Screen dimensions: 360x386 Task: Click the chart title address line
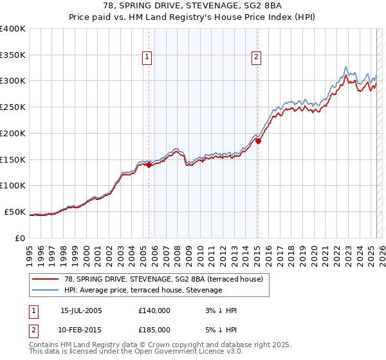point(193,6)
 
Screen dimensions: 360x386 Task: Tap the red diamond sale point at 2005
point(149,165)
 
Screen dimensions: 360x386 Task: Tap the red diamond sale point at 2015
point(258,141)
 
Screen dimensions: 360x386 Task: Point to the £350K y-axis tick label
point(13,55)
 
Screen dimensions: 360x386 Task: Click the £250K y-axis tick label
point(13,107)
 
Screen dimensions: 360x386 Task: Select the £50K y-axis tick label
point(15,212)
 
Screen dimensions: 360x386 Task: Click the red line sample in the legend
point(45,280)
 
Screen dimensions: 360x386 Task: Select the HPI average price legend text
point(143,291)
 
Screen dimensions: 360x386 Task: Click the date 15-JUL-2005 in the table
point(81,310)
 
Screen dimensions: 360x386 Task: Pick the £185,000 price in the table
point(154,330)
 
